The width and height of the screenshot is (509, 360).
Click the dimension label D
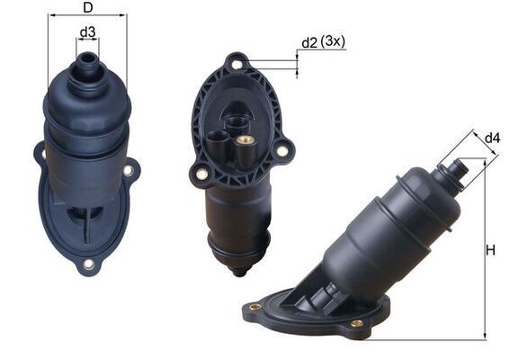click(x=86, y=8)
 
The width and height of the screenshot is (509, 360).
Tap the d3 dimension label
click(x=87, y=33)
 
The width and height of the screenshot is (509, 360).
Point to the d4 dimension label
click(x=492, y=138)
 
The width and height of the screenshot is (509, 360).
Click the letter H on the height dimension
click(x=491, y=250)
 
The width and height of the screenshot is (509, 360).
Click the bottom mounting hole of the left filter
click(x=88, y=265)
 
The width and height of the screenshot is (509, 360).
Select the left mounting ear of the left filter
click(x=40, y=155)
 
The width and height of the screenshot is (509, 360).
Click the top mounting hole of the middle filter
click(x=237, y=64)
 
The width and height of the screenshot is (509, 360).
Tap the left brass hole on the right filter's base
click(x=255, y=307)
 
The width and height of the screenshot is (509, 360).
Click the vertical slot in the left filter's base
click(x=87, y=225)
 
